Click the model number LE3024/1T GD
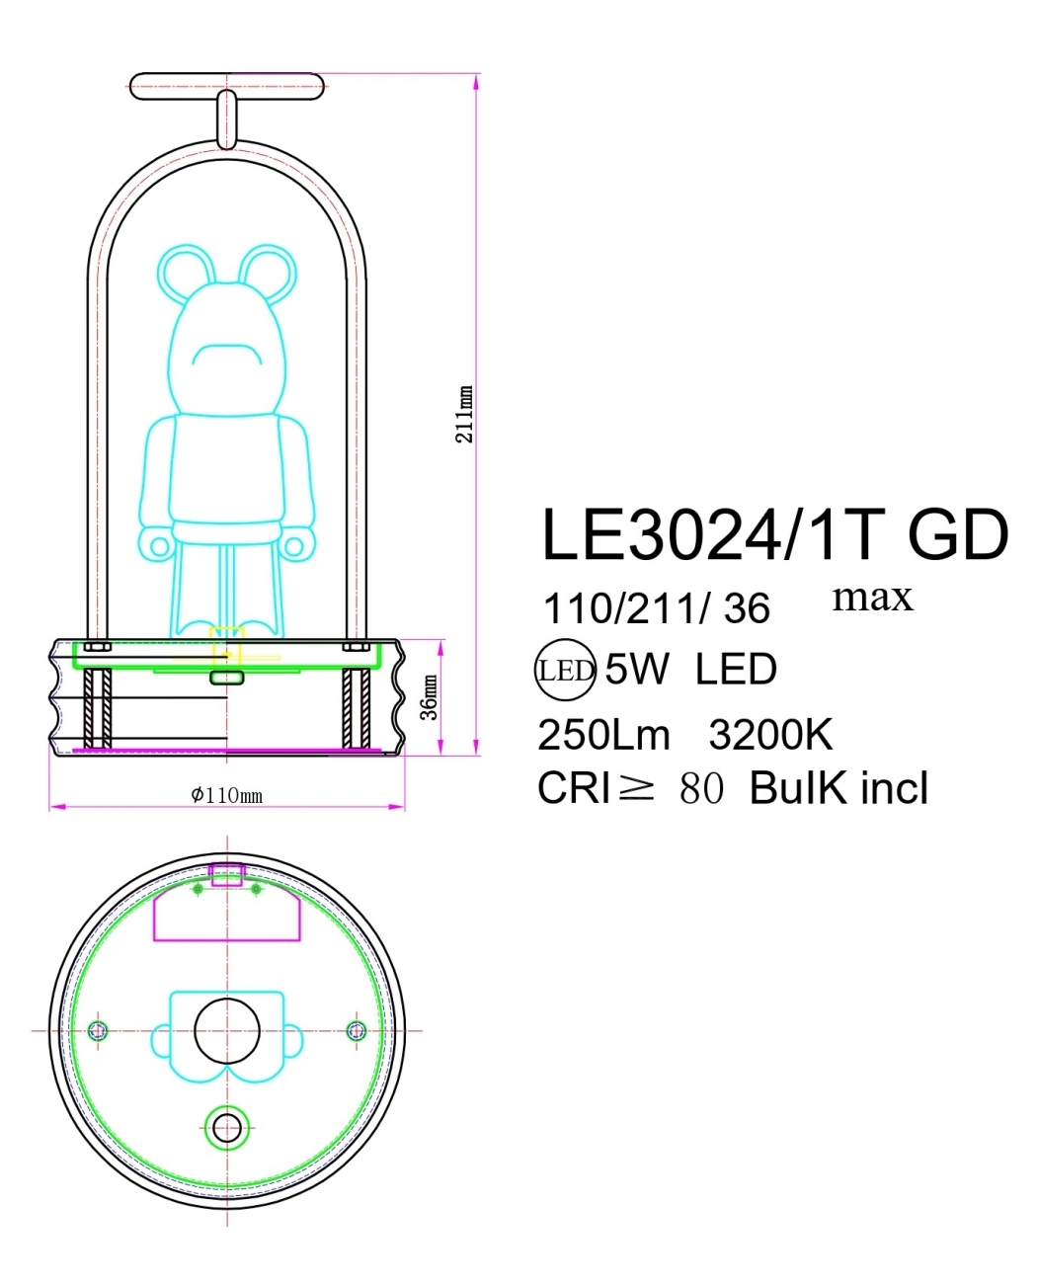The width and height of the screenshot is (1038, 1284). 774,535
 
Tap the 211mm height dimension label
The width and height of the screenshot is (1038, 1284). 464,414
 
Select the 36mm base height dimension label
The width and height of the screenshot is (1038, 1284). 430,697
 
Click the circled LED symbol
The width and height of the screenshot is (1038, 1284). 565,671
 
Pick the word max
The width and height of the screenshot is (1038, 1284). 872,597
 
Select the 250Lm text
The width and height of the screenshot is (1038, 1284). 603,735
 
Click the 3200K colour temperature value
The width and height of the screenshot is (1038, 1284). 770,735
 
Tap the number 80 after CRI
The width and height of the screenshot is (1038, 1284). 701,788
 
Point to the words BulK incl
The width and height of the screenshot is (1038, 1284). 838,788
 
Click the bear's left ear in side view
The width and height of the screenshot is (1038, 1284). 188,272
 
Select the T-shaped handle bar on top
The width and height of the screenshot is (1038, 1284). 227,87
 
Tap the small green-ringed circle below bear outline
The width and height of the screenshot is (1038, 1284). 227,1127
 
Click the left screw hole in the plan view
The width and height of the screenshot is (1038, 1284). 97,1031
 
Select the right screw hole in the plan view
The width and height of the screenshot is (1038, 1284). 357,1031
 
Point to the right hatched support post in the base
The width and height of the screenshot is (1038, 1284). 356,708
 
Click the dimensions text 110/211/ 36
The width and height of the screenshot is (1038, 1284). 656,608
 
